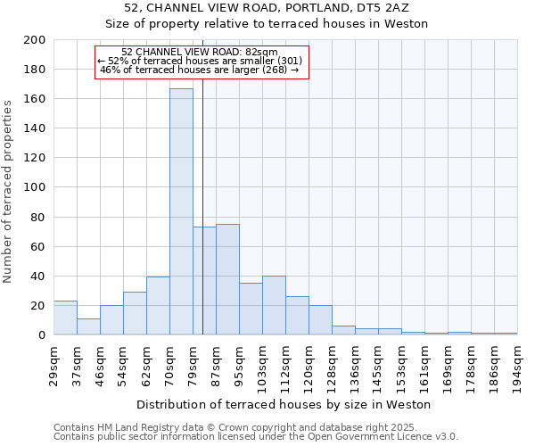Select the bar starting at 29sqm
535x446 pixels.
(65, 318)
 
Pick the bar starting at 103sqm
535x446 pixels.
(274, 305)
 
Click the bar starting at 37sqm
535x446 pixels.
(88, 326)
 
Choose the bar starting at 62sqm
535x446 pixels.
(158, 306)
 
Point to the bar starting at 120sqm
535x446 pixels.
(320, 319)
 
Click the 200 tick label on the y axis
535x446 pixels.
(35, 40)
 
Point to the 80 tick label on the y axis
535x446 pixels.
(37, 217)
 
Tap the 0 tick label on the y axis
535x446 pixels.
(41, 334)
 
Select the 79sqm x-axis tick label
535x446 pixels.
(193, 362)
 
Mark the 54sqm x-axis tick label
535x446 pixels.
(123, 362)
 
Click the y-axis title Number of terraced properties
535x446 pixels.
(9, 191)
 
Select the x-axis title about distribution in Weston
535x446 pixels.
(284, 404)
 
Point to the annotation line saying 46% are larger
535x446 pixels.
(200, 70)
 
